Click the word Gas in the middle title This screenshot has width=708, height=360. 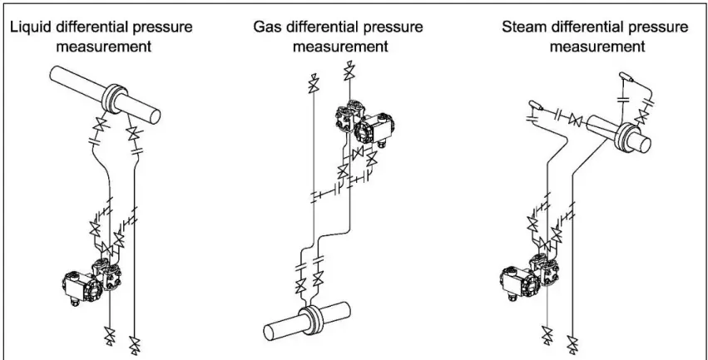click(266, 27)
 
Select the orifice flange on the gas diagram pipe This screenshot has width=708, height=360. click(310, 318)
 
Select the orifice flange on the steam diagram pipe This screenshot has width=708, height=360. click(626, 132)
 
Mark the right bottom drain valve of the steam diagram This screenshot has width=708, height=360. click(572, 340)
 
